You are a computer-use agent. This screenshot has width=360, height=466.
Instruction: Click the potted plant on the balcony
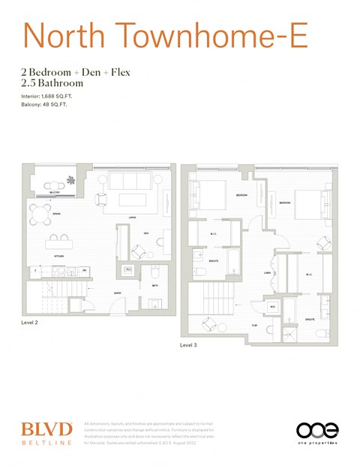click(72, 180)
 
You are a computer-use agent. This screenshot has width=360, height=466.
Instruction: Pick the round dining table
click(40, 213)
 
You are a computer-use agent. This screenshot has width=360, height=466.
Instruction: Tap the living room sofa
click(129, 181)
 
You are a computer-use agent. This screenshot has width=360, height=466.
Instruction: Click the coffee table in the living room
click(131, 200)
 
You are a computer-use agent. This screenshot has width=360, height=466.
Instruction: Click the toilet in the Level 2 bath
click(154, 272)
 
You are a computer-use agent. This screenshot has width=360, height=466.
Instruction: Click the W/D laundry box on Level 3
click(272, 308)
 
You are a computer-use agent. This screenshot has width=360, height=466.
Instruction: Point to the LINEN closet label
click(267, 273)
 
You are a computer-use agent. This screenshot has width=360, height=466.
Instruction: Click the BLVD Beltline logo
click(46, 433)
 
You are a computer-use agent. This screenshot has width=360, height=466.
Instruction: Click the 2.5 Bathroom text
click(52, 83)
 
